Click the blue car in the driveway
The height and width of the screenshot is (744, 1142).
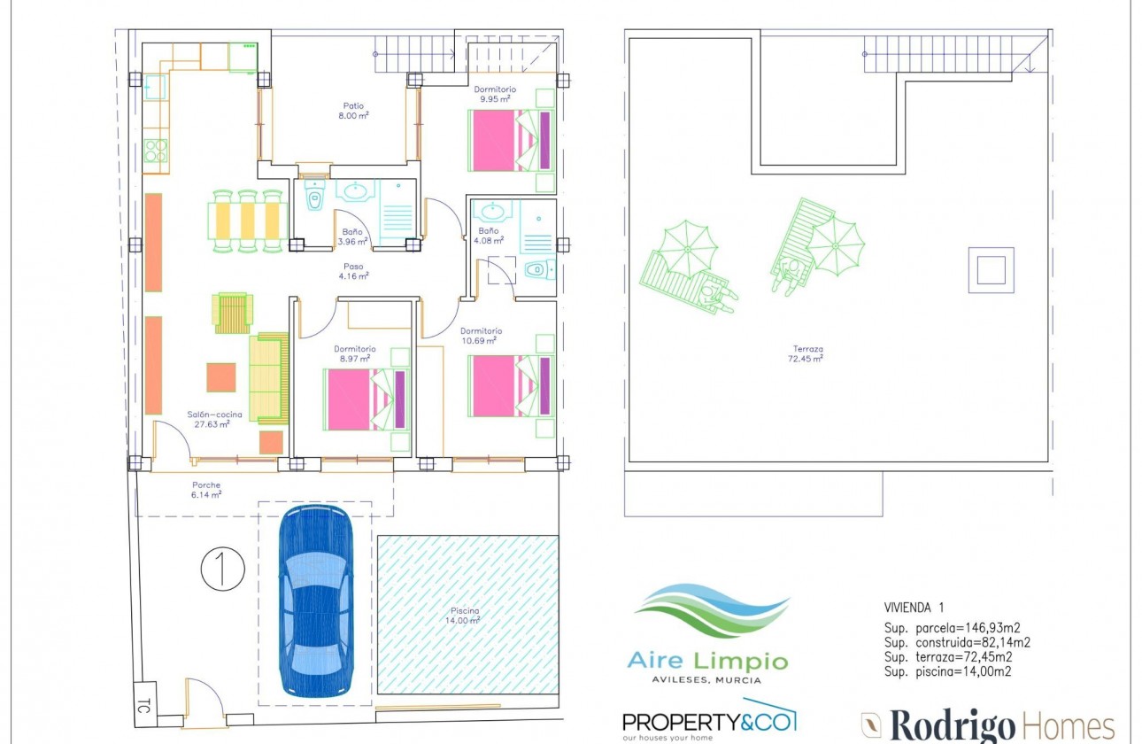coord(315,601)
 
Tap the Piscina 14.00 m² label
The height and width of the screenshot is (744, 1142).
coord(464,616)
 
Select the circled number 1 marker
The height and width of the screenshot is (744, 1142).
coord(222,570)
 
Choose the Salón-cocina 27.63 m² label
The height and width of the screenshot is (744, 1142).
coord(209,419)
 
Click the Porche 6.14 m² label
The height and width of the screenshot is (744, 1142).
coord(206,490)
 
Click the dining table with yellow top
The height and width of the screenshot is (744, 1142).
coord(248,221)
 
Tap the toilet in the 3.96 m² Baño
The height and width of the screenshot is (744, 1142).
coord(314,198)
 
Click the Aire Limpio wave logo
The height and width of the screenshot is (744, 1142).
coord(709,611)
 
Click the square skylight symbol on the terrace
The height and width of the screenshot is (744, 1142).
coord(991,269)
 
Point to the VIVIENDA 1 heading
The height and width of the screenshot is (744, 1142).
coord(914,608)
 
